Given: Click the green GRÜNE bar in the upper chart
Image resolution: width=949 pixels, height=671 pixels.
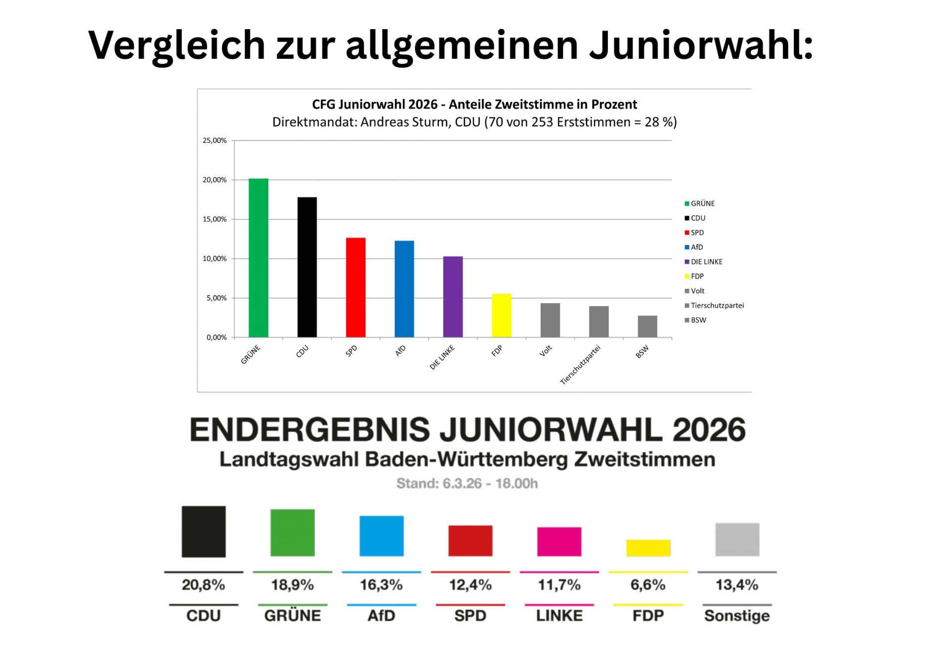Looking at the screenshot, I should tap(258, 258).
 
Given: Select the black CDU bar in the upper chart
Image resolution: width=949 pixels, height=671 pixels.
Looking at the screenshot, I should tap(307, 267).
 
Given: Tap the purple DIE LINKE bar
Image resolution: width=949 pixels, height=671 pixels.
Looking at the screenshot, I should tap(453, 297).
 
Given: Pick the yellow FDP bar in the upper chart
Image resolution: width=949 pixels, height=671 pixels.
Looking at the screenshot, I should tap(501, 315).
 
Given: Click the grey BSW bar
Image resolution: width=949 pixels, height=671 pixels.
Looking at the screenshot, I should tap(647, 326).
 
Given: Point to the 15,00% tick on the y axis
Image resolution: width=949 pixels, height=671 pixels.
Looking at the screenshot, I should tap(215, 219).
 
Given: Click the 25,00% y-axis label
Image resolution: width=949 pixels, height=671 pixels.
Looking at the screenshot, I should tap(215, 140).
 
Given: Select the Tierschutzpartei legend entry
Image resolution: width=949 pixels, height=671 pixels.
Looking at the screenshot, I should tap(717, 306).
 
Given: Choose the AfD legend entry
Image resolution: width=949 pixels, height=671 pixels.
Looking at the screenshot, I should tap(696, 247).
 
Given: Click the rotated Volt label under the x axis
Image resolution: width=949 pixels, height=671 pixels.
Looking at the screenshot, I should tap(546, 351).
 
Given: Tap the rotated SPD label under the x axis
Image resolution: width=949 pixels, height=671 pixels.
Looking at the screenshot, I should tap(351, 351).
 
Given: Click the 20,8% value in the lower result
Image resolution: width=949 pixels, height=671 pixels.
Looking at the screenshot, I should tap(203, 585).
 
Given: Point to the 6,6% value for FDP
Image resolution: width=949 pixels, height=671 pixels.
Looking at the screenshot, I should tap(647, 585).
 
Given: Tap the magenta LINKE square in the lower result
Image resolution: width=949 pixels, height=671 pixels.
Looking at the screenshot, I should tap(559, 541).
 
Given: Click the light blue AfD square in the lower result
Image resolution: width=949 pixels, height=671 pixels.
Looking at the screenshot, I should tap(381, 536).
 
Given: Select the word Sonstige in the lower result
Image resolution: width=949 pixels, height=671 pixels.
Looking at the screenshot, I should tap(736, 616).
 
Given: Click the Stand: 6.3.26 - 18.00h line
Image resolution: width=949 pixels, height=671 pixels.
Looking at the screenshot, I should tap(467, 484).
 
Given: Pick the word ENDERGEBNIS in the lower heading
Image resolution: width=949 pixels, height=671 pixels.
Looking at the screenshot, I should tap(310, 430).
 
